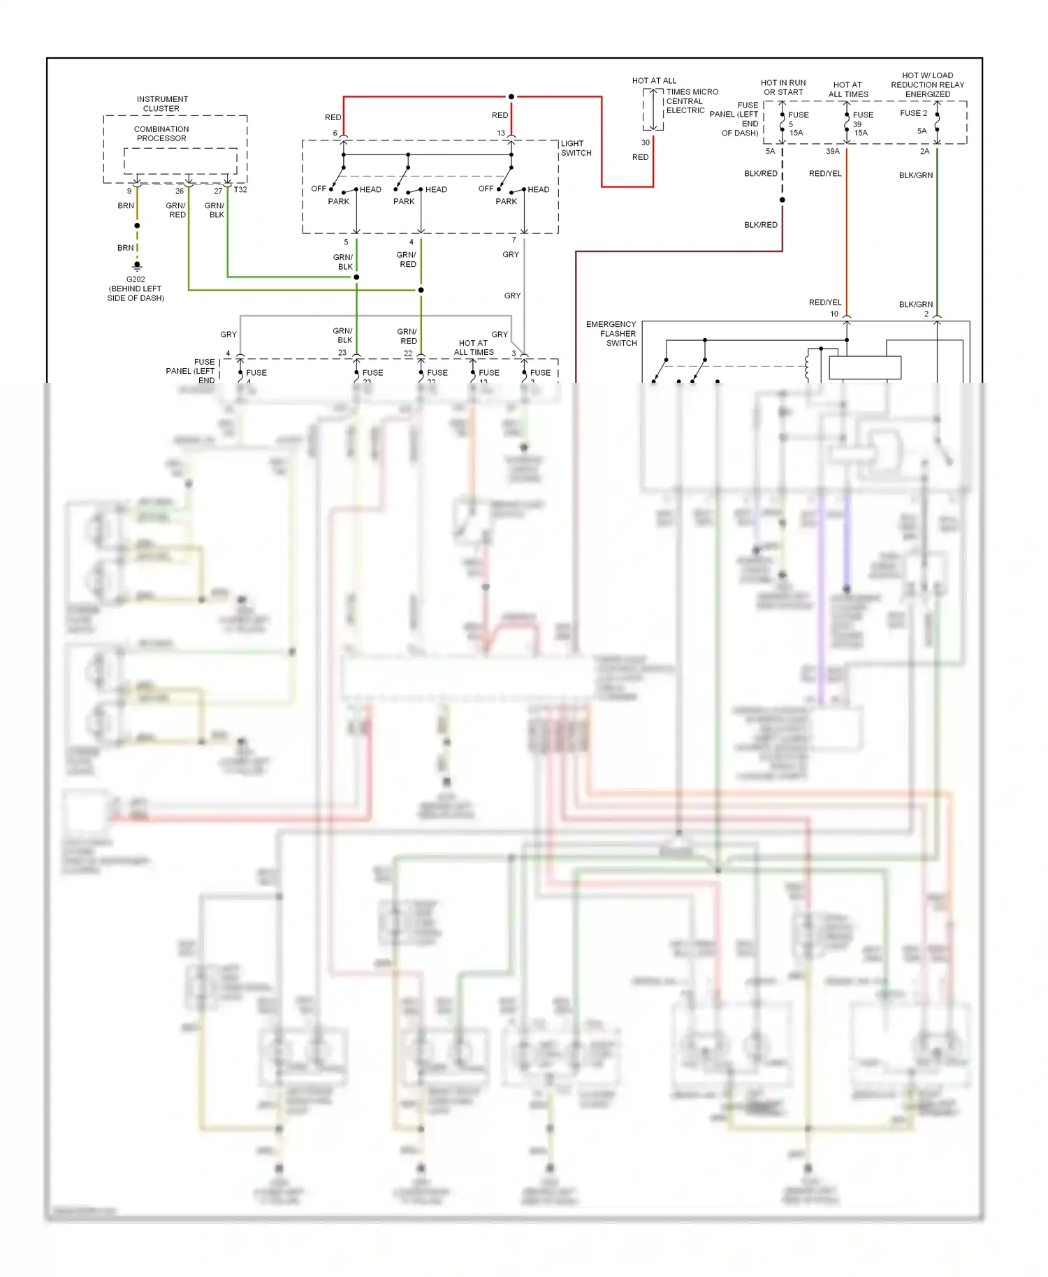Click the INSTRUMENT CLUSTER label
point(162,103)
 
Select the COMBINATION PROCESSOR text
point(161,133)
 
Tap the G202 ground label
point(136,279)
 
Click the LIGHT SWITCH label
point(576,148)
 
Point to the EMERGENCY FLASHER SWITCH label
point(612,333)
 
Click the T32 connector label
point(240,190)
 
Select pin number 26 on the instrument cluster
point(180,191)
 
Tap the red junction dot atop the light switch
point(511,96)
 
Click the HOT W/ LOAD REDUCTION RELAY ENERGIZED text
point(927,85)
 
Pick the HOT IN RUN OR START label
point(783,87)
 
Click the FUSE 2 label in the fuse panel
point(913,113)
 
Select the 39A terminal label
point(833,151)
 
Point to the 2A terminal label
point(924,151)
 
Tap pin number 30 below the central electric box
point(646,143)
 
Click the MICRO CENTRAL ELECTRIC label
point(691,101)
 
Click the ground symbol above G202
point(137,266)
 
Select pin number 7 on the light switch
point(514,240)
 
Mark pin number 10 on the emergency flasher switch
point(834,314)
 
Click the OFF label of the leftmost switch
point(319,189)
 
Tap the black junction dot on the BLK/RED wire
point(783,200)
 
